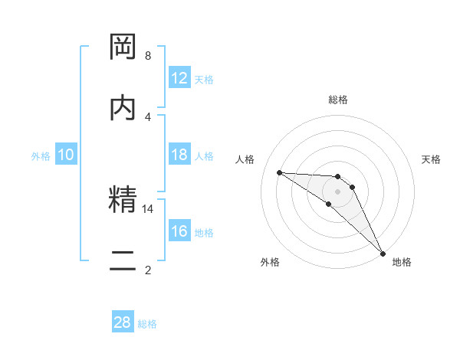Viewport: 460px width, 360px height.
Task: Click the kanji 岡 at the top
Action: click(123, 47)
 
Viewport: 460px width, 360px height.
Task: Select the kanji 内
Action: click(123, 109)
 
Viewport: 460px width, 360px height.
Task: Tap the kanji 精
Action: click(123, 201)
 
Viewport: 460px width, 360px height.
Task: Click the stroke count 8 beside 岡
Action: click(148, 55)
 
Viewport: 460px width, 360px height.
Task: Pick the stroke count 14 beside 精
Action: click(148, 208)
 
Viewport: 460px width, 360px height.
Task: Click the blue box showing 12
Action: click(179, 78)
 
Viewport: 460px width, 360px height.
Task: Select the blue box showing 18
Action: click(179, 155)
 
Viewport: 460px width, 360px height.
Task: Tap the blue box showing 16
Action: click(179, 231)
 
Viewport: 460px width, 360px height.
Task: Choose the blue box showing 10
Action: click(66, 155)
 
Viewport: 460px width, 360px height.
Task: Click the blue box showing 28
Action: click(123, 322)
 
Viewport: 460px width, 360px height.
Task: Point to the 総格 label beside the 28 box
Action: click(147, 324)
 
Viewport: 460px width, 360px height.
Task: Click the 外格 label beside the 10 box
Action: click(41, 155)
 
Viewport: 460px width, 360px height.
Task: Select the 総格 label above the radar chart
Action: click(338, 100)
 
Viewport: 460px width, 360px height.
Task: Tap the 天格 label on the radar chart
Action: click(431, 159)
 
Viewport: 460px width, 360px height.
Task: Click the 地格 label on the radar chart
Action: click(402, 262)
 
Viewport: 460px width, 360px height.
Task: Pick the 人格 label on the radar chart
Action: click(245, 159)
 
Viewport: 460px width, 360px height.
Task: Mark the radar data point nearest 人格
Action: click(279, 172)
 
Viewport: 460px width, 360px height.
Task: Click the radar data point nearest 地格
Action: click(383, 253)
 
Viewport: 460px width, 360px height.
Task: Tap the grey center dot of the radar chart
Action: click(337, 191)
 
